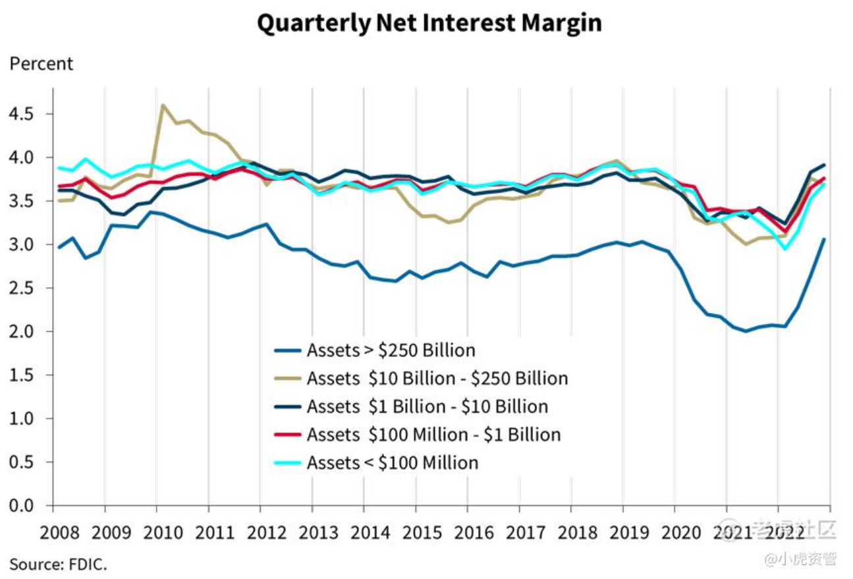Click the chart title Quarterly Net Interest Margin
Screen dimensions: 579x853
click(x=429, y=24)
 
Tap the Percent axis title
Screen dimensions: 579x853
click(x=41, y=64)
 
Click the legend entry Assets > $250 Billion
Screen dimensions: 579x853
click(x=391, y=349)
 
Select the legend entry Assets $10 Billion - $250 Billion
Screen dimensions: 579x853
click(x=437, y=378)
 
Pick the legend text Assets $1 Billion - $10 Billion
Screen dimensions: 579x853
click(x=427, y=406)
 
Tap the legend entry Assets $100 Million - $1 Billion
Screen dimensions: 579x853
click(x=433, y=435)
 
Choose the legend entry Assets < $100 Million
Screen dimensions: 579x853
click(x=392, y=463)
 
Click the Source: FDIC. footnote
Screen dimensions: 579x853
click(x=58, y=564)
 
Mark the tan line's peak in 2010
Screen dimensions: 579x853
click(x=163, y=105)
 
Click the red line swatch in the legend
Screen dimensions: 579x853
click(x=287, y=435)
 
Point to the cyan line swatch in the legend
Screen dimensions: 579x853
click(x=287, y=464)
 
